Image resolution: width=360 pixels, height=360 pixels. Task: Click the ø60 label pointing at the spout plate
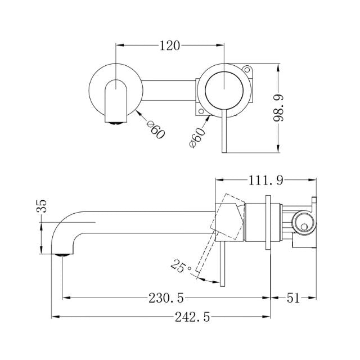(x=155, y=130)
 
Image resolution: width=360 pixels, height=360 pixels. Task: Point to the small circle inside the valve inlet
(x=303, y=226)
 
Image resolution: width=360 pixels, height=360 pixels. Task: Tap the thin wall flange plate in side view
(x=269, y=224)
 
